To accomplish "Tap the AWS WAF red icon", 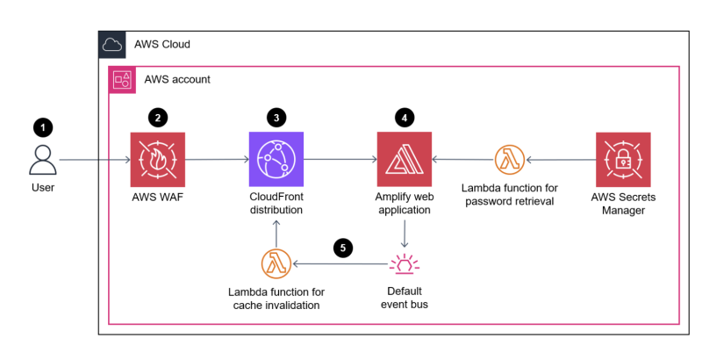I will (158, 160).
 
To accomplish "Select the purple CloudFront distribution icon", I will (276, 160).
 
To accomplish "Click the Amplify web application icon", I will (404, 160).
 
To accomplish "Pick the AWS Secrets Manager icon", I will (622, 160).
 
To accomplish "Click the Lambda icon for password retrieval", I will (509, 160).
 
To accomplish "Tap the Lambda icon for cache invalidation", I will (276, 263).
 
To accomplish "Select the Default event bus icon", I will (404, 263).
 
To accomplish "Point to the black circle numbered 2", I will (158, 117).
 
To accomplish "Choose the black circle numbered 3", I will (276, 117).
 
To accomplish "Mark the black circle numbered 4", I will (404, 117).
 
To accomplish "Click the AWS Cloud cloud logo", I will (112, 44).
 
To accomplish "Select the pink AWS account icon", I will (120, 80).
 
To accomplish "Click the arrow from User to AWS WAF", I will (97, 160).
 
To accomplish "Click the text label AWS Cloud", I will (161, 44).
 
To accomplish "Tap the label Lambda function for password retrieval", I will (509, 195).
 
